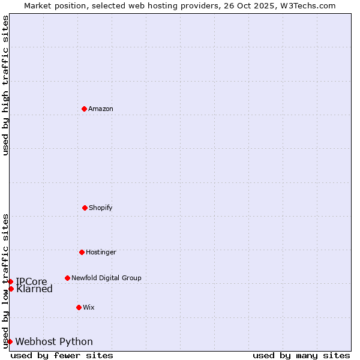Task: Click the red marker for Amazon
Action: [84, 109]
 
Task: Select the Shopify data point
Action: [85, 208]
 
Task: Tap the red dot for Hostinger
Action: [82, 252]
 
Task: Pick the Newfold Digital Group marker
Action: [67, 278]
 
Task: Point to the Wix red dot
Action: [79, 307]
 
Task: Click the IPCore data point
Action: [10, 281]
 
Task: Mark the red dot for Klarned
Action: [11, 289]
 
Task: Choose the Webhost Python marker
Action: [10, 341]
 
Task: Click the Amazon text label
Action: [101, 109]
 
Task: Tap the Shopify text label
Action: [101, 208]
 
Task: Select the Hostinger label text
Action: [101, 252]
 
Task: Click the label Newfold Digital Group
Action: [106, 278]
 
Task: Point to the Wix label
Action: [89, 307]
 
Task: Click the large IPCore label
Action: [31, 281]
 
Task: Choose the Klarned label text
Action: [34, 289]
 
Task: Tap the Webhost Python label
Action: [54, 342]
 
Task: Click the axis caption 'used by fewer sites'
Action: [62, 355]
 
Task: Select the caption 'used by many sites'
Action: [301, 355]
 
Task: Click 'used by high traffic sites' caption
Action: [5, 85]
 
